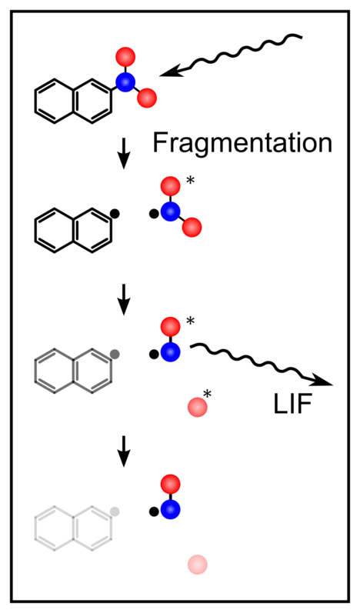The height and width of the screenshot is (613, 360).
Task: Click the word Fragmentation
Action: pyautogui.click(x=242, y=143)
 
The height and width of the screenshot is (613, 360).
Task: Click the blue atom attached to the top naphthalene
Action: pyautogui.click(x=125, y=82)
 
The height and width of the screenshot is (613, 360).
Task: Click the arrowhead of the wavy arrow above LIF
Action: pyautogui.click(x=323, y=381)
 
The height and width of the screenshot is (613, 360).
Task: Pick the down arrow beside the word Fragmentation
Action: pyautogui.click(x=124, y=156)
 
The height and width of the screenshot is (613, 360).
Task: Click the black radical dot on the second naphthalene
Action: pyautogui.click(x=115, y=214)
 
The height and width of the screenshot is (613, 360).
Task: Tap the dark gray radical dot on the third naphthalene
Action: pyautogui.click(x=115, y=354)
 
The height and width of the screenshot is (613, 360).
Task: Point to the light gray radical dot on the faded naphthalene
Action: pyautogui.click(x=115, y=511)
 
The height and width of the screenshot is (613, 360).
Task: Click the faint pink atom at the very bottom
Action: pyautogui.click(x=198, y=565)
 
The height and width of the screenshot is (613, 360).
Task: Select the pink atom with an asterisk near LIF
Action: pyautogui.click(x=198, y=408)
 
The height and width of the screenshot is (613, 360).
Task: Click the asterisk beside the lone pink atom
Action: pyautogui.click(x=208, y=393)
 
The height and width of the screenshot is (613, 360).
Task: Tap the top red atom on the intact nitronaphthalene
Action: pyautogui.click(x=125, y=57)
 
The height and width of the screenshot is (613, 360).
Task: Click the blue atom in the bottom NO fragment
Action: pyautogui.click(x=171, y=510)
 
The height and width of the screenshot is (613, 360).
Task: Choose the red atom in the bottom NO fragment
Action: pyautogui.click(x=171, y=485)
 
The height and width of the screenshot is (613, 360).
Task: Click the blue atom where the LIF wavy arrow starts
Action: pyautogui.click(x=171, y=352)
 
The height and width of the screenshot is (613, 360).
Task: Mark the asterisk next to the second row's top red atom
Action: pyautogui.click(x=190, y=181)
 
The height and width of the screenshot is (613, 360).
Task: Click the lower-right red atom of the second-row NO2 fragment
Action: pyautogui.click(x=192, y=228)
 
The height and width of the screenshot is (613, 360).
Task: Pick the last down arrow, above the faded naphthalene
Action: pyautogui.click(x=124, y=451)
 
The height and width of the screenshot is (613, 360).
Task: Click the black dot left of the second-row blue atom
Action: pyautogui.click(x=154, y=214)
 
